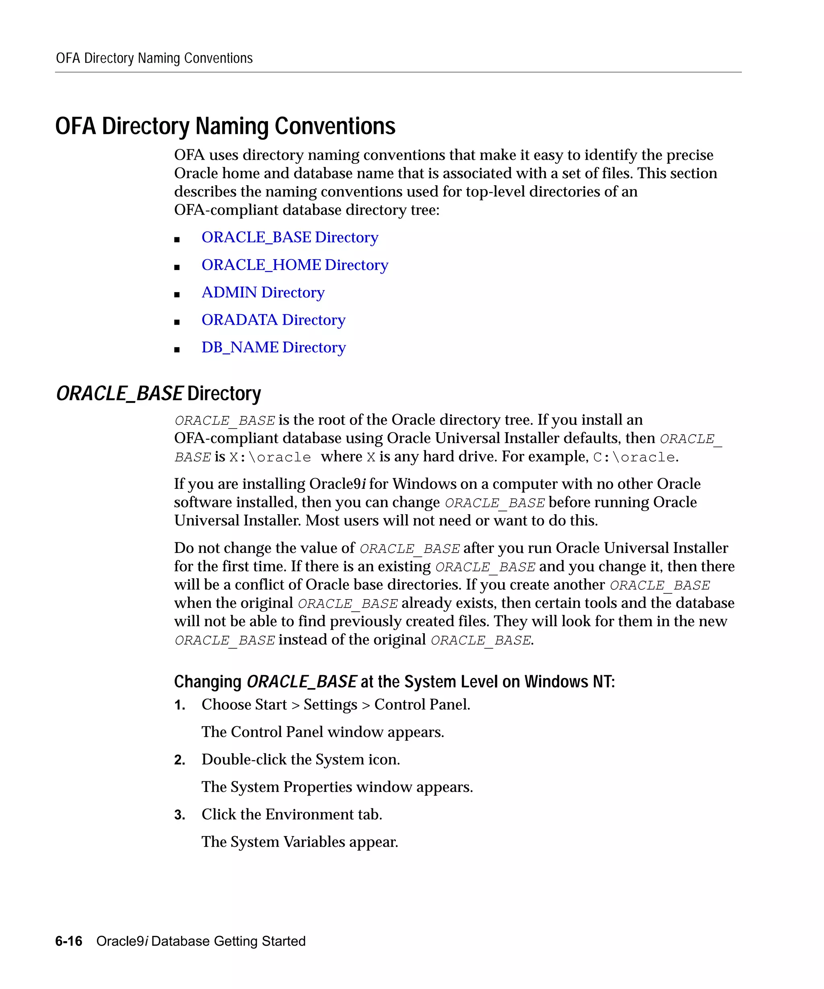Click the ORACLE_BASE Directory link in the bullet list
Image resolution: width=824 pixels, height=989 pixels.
click(x=290, y=237)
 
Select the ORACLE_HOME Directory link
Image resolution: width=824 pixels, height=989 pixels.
click(x=295, y=265)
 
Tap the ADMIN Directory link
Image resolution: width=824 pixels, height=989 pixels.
click(x=263, y=293)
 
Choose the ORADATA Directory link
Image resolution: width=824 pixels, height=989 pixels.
click(x=273, y=320)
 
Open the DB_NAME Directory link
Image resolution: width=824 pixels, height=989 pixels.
click(x=273, y=348)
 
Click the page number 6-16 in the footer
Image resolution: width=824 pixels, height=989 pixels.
click(x=69, y=941)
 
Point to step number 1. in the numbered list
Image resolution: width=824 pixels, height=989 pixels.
click(x=179, y=705)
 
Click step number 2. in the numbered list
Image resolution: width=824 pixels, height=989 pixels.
click(x=179, y=760)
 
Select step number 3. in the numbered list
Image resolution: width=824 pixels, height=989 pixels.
click(x=179, y=815)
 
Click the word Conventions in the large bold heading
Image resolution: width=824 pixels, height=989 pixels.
click(x=335, y=126)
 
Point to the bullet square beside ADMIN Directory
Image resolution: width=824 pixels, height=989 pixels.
click(x=177, y=295)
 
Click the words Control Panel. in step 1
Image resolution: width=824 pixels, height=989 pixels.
click(x=422, y=705)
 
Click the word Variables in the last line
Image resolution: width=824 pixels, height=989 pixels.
click(x=314, y=842)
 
